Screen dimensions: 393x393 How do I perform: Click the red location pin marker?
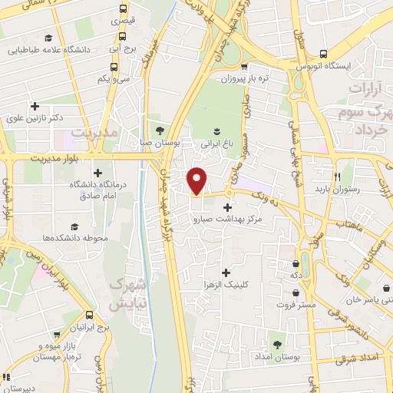(x=197, y=180)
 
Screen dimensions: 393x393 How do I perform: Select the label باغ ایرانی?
(x=216, y=142)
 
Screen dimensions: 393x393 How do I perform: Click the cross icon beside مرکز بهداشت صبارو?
(x=227, y=207)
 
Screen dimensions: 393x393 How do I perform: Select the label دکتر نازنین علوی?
(x=34, y=118)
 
